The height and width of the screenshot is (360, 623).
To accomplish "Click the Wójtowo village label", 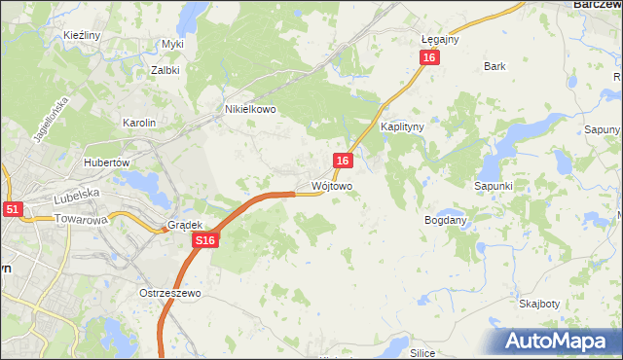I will point(332,185).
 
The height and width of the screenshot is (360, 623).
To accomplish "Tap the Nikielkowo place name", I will point(251,110).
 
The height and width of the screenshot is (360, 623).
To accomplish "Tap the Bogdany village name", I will point(446,220).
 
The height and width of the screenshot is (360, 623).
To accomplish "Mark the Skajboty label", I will point(539,304).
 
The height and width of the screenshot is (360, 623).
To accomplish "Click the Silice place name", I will point(422,353).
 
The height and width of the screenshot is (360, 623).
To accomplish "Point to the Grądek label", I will point(184,225).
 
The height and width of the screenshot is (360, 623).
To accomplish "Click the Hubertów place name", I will point(107,162).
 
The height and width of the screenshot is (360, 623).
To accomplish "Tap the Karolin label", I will point(138,123).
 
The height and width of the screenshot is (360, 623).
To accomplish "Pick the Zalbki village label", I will point(165,70).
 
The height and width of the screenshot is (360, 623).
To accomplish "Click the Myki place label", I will point(173,44).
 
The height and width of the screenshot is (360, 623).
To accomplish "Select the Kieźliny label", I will point(83,35).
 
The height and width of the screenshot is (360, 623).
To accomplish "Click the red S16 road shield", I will point(203,240).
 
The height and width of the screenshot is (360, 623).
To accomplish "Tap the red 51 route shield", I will point(12,209).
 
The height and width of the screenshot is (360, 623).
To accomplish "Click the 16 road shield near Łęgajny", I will point(430,58).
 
